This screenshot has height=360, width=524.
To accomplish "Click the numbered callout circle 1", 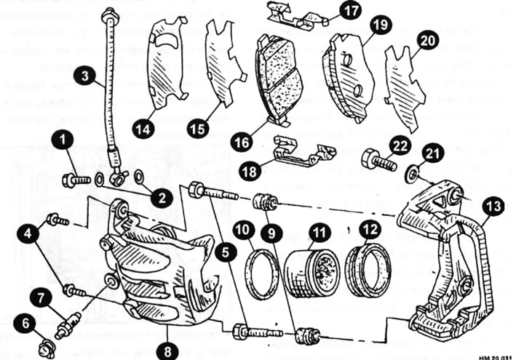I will pos(66,138).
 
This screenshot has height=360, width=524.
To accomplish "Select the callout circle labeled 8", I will pos(168,350).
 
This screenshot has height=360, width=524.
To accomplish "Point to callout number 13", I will pos(493,207).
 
